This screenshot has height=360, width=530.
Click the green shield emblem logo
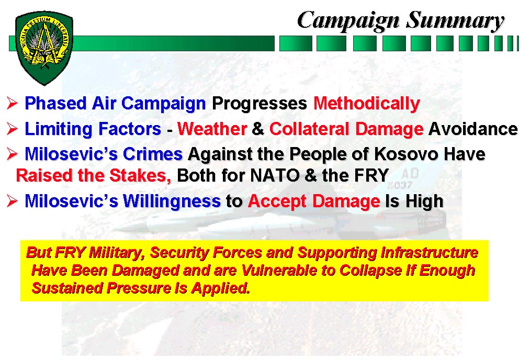coord(44,48)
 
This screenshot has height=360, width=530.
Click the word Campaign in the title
coord(348,21)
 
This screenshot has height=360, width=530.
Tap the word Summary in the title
coord(455,21)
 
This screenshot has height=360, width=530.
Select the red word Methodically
coord(366,103)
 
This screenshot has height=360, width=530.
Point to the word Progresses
coord(260,104)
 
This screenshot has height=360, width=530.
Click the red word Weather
coord(212,129)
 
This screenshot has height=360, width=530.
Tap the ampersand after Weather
coord(258,129)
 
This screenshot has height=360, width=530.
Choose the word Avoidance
coord(473,129)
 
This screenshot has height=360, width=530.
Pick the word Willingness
coord(172,201)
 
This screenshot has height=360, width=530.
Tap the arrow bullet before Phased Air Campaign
coord(12,103)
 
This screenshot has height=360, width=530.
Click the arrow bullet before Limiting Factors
coord(12,129)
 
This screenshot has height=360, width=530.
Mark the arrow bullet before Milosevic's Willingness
coord(12,201)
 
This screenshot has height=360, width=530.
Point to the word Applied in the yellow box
coord(221,288)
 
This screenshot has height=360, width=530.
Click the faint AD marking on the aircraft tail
coord(410,173)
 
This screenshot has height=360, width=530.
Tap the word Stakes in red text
coord(140,175)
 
